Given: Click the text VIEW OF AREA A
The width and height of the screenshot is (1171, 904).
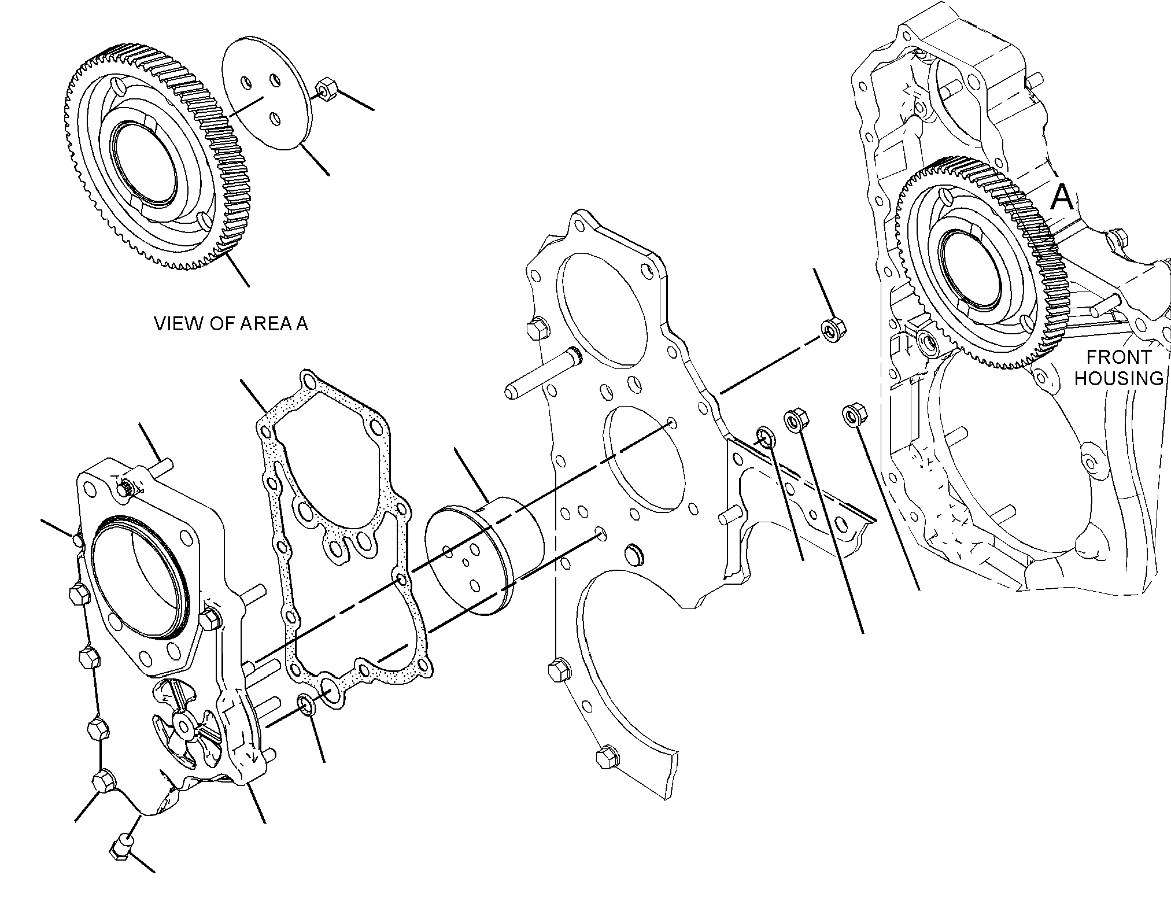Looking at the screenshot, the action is coord(231,324).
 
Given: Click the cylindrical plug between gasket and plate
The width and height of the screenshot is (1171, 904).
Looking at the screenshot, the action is coord(483,554).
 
